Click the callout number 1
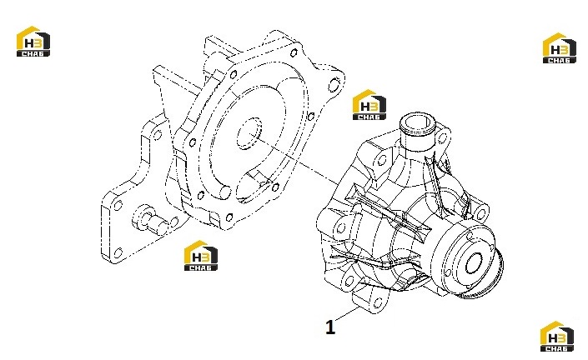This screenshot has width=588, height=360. click(x=330, y=327)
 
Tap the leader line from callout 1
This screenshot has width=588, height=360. click(x=347, y=313)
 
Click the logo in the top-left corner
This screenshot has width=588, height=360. click(x=33, y=41)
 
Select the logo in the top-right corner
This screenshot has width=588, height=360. click(x=560, y=48)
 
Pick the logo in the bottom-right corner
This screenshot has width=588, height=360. click(x=557, y=336)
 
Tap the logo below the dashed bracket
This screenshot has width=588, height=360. click(x=201, y=256)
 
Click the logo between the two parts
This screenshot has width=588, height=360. click(x=369, y=105)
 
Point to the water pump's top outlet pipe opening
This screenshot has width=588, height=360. click(x=417, y=122)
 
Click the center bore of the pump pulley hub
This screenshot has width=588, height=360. click(x=474, y=263)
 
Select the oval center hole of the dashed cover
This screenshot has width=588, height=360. click(x=249, y=133)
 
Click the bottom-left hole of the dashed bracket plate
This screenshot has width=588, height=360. click(x=118, y=252)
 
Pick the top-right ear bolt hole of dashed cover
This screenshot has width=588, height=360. click(x=334, y=85)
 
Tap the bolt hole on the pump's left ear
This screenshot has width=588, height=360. click(x=341, y=227)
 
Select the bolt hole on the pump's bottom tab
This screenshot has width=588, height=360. click(x=378, y=302)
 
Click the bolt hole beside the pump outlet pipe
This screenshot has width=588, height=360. click(x=442, y=138)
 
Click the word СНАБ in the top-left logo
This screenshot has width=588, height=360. click(x=33, y=53)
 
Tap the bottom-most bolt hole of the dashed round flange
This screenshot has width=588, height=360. click(x=229, y=217)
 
